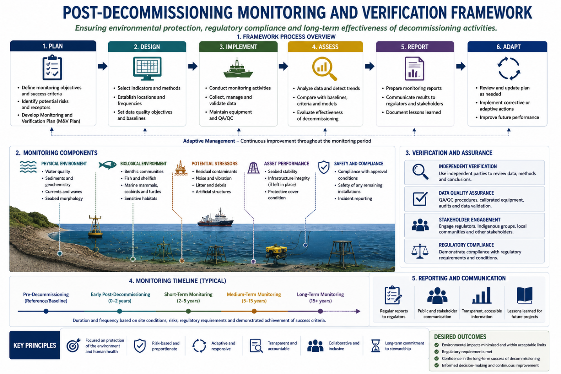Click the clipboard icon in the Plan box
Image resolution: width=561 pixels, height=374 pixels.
[x=52, y=68]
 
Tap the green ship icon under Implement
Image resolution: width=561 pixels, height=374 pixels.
[x=238, y=68]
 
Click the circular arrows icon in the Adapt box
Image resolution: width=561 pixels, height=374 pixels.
[x=509, y=69]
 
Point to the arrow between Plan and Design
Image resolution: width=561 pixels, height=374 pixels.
[x=103, y=66]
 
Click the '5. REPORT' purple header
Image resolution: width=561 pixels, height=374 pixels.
[x=415, y=47]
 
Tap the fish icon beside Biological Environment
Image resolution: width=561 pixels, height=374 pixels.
[x=108, y=165]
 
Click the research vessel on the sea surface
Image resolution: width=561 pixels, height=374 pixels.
[x=215, y=218]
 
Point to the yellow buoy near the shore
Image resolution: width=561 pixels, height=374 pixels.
[x=95, y=226]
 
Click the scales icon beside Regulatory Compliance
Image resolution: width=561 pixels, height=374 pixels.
[x=420, y=251]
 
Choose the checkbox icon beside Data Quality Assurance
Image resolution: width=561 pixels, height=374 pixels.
[x=420, y=199]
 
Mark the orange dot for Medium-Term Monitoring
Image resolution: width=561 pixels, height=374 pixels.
[x=254, y=311]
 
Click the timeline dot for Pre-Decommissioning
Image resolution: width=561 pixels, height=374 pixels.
[x=46, y=311]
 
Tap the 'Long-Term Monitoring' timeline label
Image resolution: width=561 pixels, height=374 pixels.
[x=320, y=295]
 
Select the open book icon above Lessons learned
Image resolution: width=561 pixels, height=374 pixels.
[x=525, y=295]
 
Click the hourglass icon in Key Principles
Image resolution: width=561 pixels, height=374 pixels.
[x=376, y=346]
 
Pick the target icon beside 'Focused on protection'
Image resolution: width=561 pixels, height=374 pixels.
[x=73, y=345]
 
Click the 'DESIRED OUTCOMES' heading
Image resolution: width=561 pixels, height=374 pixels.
[x=460, y=337]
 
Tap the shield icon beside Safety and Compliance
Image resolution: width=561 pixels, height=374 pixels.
[x=324, y=167]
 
